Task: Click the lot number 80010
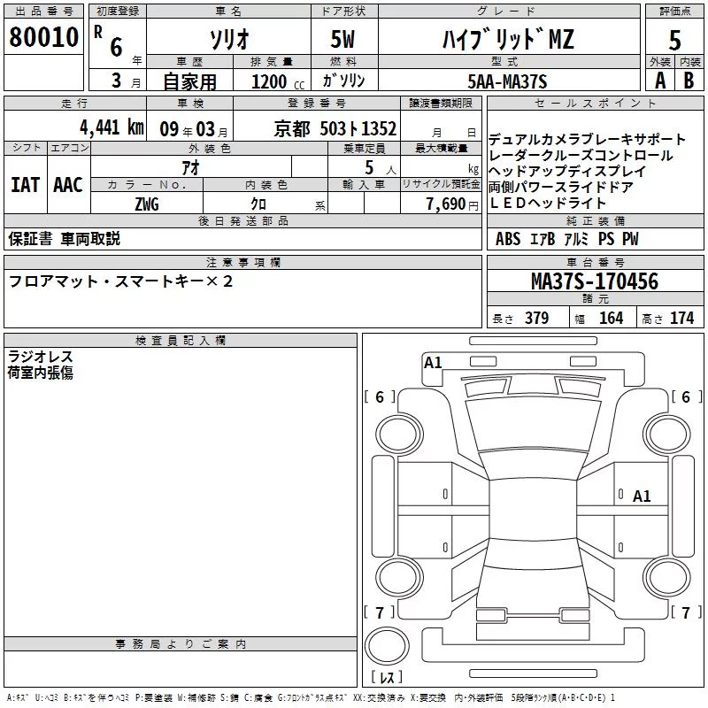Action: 43,36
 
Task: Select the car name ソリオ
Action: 229,39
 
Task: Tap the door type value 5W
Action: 342,39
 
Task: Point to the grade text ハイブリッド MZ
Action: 508,39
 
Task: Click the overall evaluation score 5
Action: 674,40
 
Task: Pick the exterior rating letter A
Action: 660,81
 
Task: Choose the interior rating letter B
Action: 689,81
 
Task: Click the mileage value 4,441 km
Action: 112,127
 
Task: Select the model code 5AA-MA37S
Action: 507,81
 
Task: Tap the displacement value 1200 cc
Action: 278,81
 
